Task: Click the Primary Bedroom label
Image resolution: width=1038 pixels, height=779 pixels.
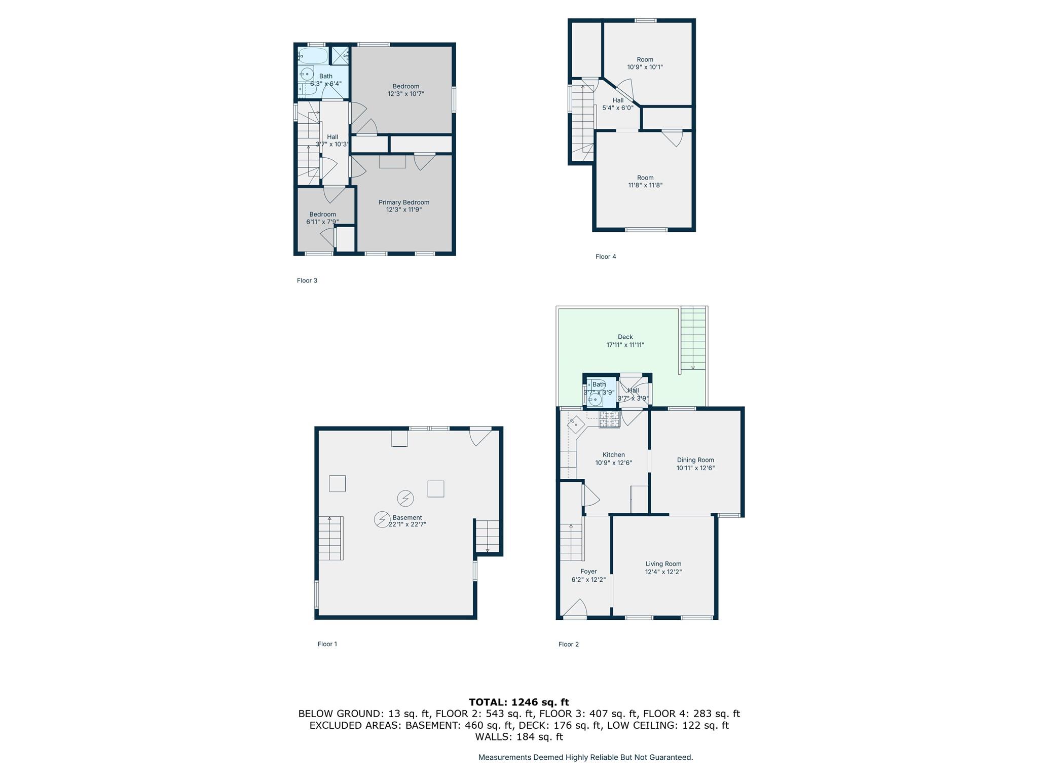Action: coord(404,202)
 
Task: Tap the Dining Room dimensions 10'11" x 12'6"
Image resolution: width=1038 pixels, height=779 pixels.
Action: coord(695,468)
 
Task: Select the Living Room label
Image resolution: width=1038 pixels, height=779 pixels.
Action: coord(663,563)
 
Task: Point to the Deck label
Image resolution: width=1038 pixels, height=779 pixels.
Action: coord(625,337)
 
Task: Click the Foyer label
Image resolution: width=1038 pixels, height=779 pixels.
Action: coord(588,572)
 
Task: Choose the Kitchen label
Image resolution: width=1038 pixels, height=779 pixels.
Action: coord(613,455)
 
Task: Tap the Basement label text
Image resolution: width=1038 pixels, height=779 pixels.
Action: coord(407,518)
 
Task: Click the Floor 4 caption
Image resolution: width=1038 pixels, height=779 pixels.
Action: coord(606,257)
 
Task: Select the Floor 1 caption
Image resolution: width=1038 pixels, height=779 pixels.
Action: coord(327,644)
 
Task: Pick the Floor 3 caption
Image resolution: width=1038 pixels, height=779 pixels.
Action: coord(307,280)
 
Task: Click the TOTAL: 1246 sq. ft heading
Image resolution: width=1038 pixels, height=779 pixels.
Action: coord(519,702)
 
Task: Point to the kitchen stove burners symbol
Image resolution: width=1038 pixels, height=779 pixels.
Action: coord(610,419)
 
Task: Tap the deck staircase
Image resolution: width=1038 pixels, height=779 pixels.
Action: coord(693,338)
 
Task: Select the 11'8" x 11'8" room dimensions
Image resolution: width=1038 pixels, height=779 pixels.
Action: coord(645,185)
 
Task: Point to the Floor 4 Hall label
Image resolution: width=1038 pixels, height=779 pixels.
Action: coord(618,100)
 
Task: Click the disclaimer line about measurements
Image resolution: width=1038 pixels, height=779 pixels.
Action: coord(585,757)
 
